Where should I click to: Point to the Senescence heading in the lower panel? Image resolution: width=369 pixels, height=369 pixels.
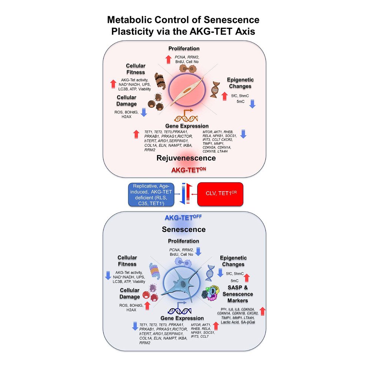click(x=184, y=229)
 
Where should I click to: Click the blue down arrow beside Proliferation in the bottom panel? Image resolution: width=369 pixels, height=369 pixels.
click(x=198, y=252)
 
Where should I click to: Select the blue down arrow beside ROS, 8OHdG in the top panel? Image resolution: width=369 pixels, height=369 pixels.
click(x=144, y=112)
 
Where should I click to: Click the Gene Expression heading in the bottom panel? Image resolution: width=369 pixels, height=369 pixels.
click(x=182, y=318)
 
